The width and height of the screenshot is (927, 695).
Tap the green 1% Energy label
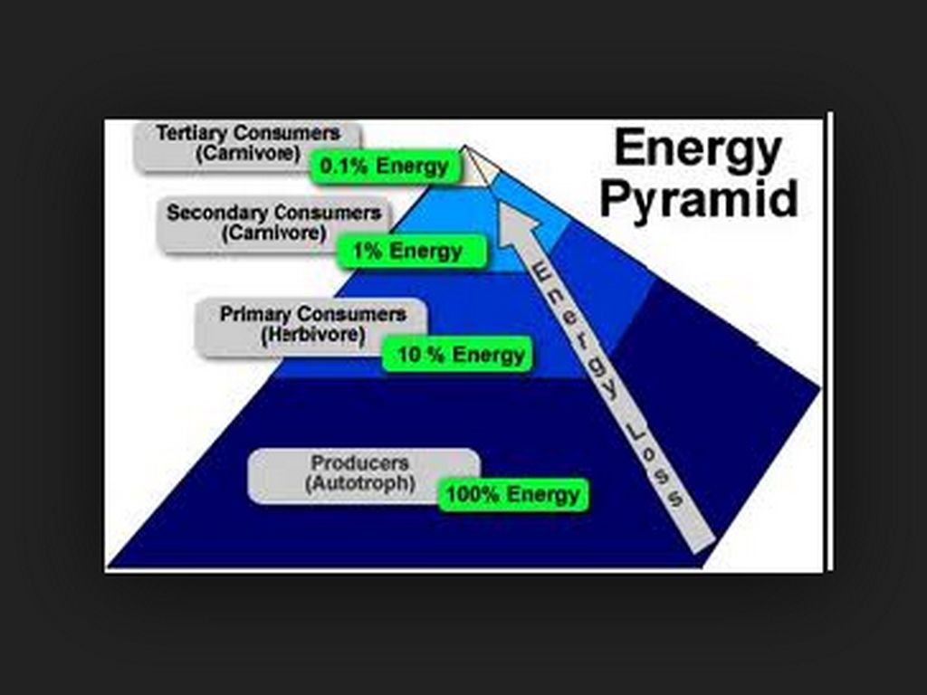point(412,251)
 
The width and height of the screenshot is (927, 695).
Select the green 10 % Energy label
point(458,354)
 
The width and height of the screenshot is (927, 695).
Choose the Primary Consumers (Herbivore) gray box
point(311,324)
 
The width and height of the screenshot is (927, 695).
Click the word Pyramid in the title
point(698,197)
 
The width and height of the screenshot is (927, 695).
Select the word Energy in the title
point(698,149)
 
